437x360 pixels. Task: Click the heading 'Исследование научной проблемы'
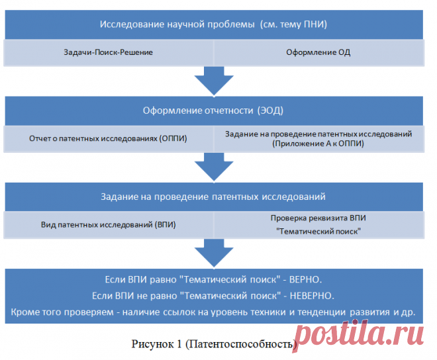click(x=176, y=24)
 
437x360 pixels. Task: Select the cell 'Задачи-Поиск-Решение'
click(x=108, y=52)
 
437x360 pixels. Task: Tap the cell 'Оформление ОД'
click(x=318, y=52)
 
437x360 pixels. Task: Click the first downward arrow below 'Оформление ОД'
click(x=214, y=81)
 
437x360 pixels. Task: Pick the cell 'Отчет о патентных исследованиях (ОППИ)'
click(x=108, y=138)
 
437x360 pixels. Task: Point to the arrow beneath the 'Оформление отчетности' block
click(x=214, y=168)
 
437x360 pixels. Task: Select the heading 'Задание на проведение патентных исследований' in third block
click(x=213, y=197)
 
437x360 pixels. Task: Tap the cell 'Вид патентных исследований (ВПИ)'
click(x=108, y=224)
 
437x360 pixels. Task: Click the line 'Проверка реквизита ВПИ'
click(x=318, y=218)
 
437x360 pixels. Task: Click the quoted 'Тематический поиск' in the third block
click(x=318, y=231)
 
